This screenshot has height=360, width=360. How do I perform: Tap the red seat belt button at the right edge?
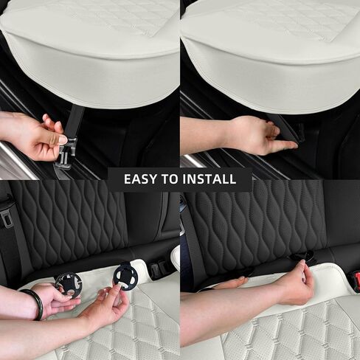coord(356,281)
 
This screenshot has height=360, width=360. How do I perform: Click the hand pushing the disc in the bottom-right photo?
coord(296,283)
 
